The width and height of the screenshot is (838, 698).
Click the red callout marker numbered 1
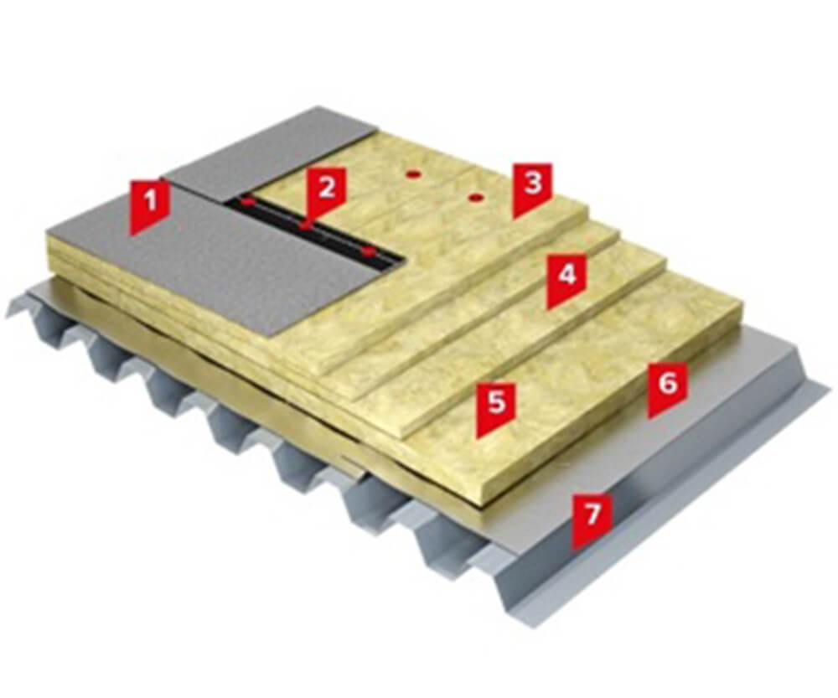(x=151, y=207)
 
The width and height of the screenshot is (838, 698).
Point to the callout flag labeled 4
(x=566, y=281)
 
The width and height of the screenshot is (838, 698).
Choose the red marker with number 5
(x=496, y=410)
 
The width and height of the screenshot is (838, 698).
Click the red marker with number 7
(x=592, y=521)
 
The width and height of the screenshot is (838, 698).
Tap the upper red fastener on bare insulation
(x=412, y=173)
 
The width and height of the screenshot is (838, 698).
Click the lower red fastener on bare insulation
(x=475, y=199)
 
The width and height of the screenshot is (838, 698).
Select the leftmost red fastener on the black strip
(x=246, y=203)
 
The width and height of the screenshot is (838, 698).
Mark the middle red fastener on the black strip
(x=305, y=226)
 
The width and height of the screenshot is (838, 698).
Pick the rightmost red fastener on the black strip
(x=368, y=251)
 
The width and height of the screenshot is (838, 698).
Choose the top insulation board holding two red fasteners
(x=427, y=214)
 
